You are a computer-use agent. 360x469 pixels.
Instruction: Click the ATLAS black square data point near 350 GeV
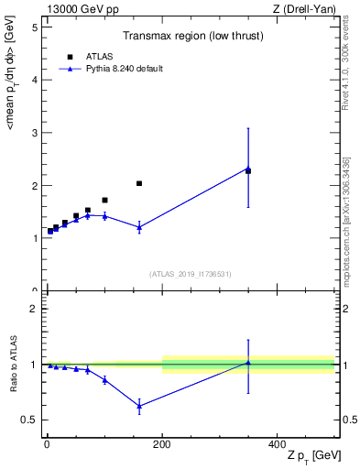coord(248,171)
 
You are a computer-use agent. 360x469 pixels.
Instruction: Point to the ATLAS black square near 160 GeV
coord(139,183)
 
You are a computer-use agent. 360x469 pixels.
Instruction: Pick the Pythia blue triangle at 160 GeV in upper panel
coord(139,227)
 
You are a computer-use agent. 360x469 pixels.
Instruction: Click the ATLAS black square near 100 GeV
coord(104,200)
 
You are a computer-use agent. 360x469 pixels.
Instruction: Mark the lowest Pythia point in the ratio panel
coord(139,406)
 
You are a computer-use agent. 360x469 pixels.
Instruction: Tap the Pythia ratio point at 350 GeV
coord(248,363)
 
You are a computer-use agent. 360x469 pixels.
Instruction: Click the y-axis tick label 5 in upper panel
coord(34,27)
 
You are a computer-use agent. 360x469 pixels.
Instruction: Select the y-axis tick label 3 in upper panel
coord(34,133)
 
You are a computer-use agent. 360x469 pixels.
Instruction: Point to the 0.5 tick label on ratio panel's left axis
coord(30,420)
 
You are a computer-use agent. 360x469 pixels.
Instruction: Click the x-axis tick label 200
coord(162,443)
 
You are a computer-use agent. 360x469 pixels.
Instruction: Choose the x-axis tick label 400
coord(277,443)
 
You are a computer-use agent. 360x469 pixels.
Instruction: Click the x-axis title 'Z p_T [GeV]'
coord(308,457)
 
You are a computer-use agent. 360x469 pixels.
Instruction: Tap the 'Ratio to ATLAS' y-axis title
coord(12,364)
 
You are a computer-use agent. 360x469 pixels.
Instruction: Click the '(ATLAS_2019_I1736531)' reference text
coord(191,274)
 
